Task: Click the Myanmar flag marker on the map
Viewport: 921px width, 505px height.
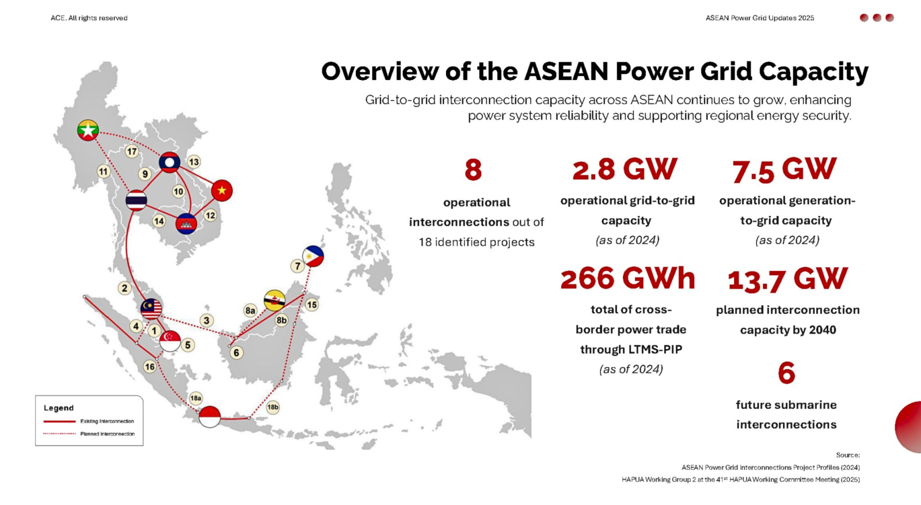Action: tap(88, 130)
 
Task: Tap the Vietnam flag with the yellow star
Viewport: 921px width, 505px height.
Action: tap(222, 191)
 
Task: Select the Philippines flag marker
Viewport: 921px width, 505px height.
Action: tap(313, 256)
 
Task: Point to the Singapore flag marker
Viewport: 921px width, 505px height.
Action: tap(170, 340)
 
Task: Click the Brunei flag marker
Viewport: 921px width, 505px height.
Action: tap(275, 300)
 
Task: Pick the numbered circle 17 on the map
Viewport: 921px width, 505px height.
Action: tap(132, 151)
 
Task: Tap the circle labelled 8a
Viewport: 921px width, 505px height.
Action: tap(250, 310)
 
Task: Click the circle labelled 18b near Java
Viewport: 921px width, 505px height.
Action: tap(273, 407)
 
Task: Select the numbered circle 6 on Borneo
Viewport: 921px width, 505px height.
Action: tap(236, 352)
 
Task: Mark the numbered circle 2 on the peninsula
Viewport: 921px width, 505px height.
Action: tap(124, 288)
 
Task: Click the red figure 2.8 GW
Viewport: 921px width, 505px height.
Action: tap(625, 169)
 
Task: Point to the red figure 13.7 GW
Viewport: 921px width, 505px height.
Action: tap(787, 279)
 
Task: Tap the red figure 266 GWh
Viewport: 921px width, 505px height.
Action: tap(627, 279)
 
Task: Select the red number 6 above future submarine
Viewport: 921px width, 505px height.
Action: tap(786, 373)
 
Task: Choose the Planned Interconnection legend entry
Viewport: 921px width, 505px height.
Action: tap(107, 434)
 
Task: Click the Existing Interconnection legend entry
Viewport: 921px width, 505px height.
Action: tap(107, 421)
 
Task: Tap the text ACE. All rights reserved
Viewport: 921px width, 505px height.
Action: tap(89, 18)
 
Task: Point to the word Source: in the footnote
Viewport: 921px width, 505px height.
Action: tap(848, 455)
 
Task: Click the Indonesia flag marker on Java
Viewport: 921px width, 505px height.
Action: tap(210, 416)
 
